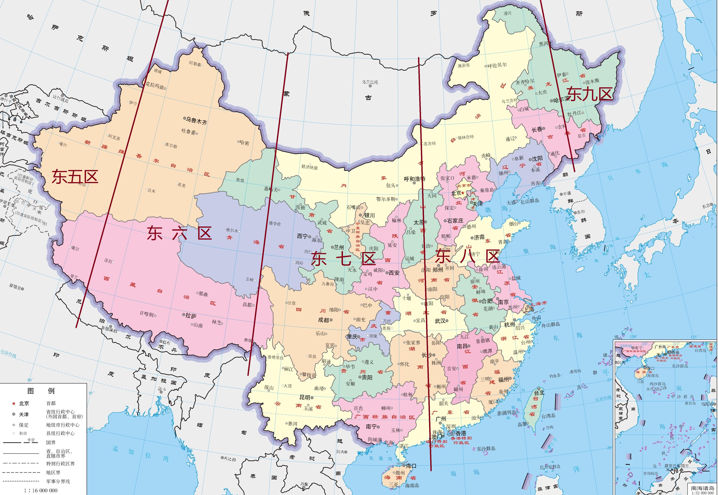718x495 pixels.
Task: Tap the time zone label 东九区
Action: pyautogui.click(x=590, y=94)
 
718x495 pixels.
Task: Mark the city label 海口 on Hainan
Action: pyautogui.click(x=411, y=466)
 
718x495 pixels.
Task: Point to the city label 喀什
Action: pyautogui.click(x=63, y=145)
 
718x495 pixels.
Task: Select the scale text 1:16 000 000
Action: pyautogui.click(x=41, y=490)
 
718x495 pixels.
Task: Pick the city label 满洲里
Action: pyautogui.click(x=464, y=65)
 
